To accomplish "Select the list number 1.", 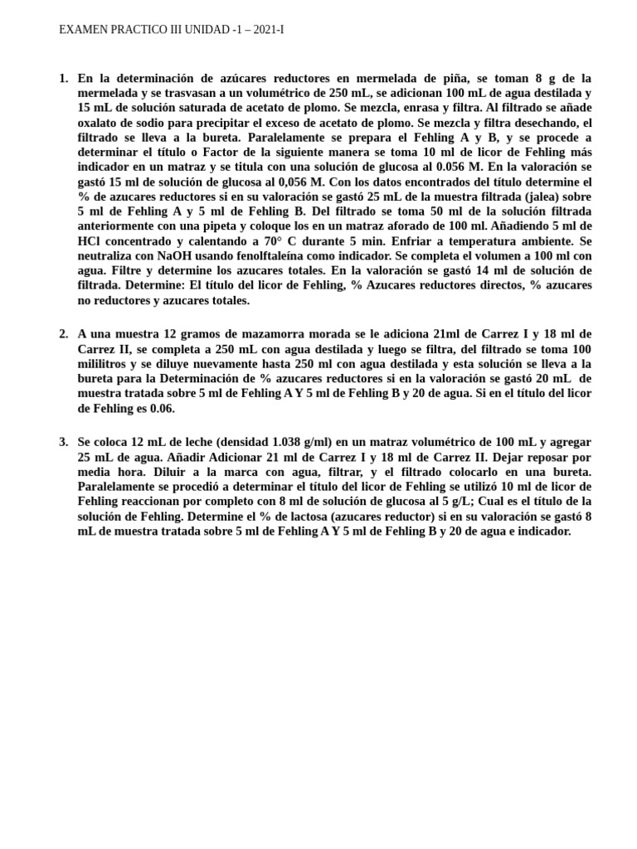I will (x=64, y=78).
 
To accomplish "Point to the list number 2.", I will (x=64, y=333).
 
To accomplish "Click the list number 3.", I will (x=64, y=442).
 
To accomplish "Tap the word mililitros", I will (x=106, y=363).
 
